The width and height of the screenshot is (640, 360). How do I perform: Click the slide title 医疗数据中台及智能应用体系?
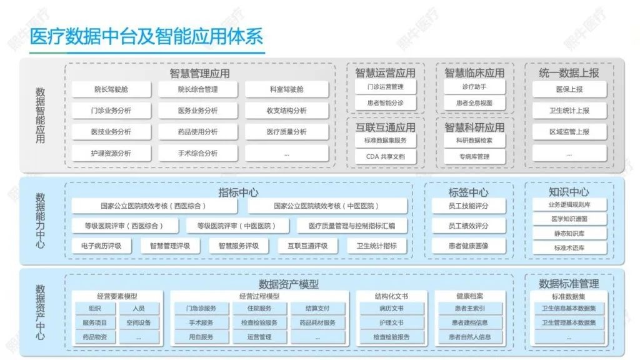click(x=146, y=36)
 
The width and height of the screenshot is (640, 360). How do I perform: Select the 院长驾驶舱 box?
click(x=111, y=89)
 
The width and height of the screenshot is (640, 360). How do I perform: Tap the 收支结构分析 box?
click(x=286, y=111)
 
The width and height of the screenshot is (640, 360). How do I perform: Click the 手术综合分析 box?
click(x=197, y=153)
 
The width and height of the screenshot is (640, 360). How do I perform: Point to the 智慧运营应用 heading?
click(x=385, y=72)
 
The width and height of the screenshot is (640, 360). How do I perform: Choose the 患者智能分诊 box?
click(x=385, y=102)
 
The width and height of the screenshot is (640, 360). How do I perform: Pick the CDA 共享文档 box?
click(x=385, y=156)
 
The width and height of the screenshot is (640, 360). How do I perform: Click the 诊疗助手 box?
click(x=474, y=87)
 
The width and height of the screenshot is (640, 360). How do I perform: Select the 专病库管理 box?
click(x=474, y=156)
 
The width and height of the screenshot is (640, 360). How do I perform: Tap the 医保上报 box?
click(x=569, y=89)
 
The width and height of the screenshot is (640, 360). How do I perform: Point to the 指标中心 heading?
click(x=238, y=192)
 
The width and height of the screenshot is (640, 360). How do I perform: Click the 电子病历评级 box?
click(x=101, y=246)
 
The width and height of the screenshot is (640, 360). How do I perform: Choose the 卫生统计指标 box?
click(x=376, y=246)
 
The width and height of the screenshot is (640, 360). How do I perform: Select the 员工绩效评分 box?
click(x=468, y=226)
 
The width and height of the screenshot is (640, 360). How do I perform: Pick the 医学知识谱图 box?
click(x=569, y=219)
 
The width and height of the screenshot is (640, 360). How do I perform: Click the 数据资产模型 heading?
click(x=288, y=284)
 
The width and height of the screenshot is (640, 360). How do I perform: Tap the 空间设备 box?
click(x=138, y=322)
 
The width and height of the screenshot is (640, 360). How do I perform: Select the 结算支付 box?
click(x=317, y=308)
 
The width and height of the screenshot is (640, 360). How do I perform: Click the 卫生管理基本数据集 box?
click(x=569, y=322)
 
